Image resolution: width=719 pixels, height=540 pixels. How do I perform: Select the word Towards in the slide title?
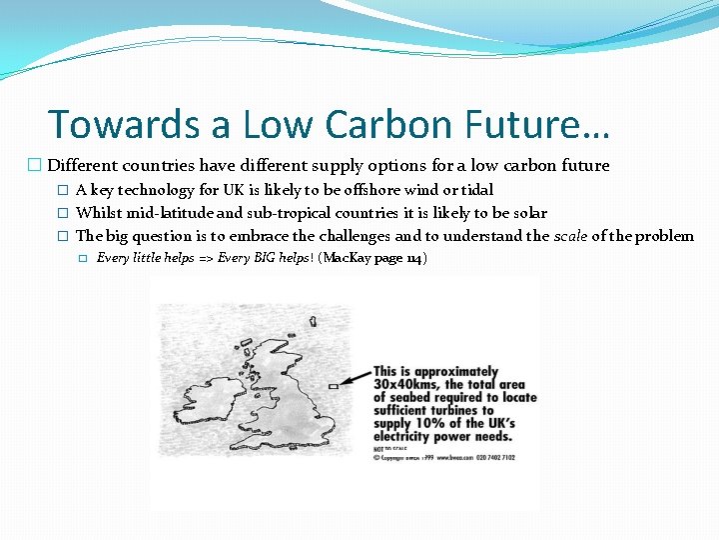click(110, 124)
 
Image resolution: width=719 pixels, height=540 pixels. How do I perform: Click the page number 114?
click(413, 259)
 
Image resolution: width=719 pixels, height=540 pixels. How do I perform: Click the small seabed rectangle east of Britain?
click(333, 385)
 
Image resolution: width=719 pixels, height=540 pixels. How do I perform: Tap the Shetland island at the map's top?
click(314, 322)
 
